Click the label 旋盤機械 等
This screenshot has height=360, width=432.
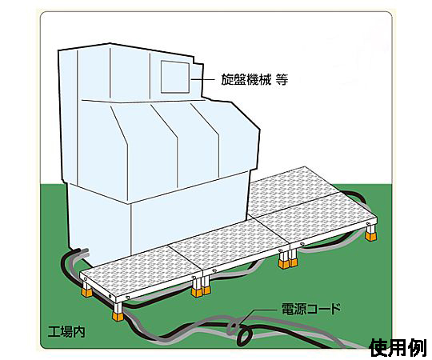tap(254, 80)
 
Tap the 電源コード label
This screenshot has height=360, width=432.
tap(311, 309)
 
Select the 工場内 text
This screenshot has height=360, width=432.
tap(66, 332)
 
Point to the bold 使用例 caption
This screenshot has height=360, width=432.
tap(398, 348)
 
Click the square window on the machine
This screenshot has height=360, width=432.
tap(175, 77)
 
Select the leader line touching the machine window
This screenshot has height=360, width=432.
tap(203, 80)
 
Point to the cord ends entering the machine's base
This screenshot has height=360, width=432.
tap(82, 251)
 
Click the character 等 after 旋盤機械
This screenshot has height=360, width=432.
tap(282, 80)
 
